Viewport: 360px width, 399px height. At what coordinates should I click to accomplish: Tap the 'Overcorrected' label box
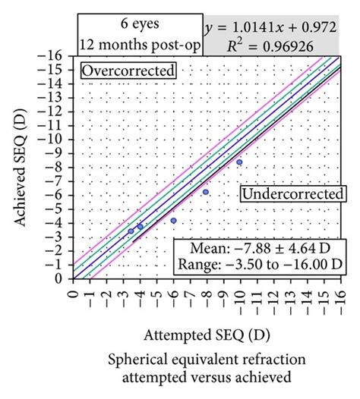pyautogui.click(x=128, y=71)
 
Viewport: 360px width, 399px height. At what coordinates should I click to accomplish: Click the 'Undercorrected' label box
pyautogui.click(x=291, y=194)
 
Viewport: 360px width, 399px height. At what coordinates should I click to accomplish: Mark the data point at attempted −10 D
pyautogui.click(x=239, y=162)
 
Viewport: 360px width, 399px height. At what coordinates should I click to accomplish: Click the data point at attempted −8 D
pyautogui.click(x=206, y=192)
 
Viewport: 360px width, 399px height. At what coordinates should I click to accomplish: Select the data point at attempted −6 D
pyautogui.click(x=173, y=221)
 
